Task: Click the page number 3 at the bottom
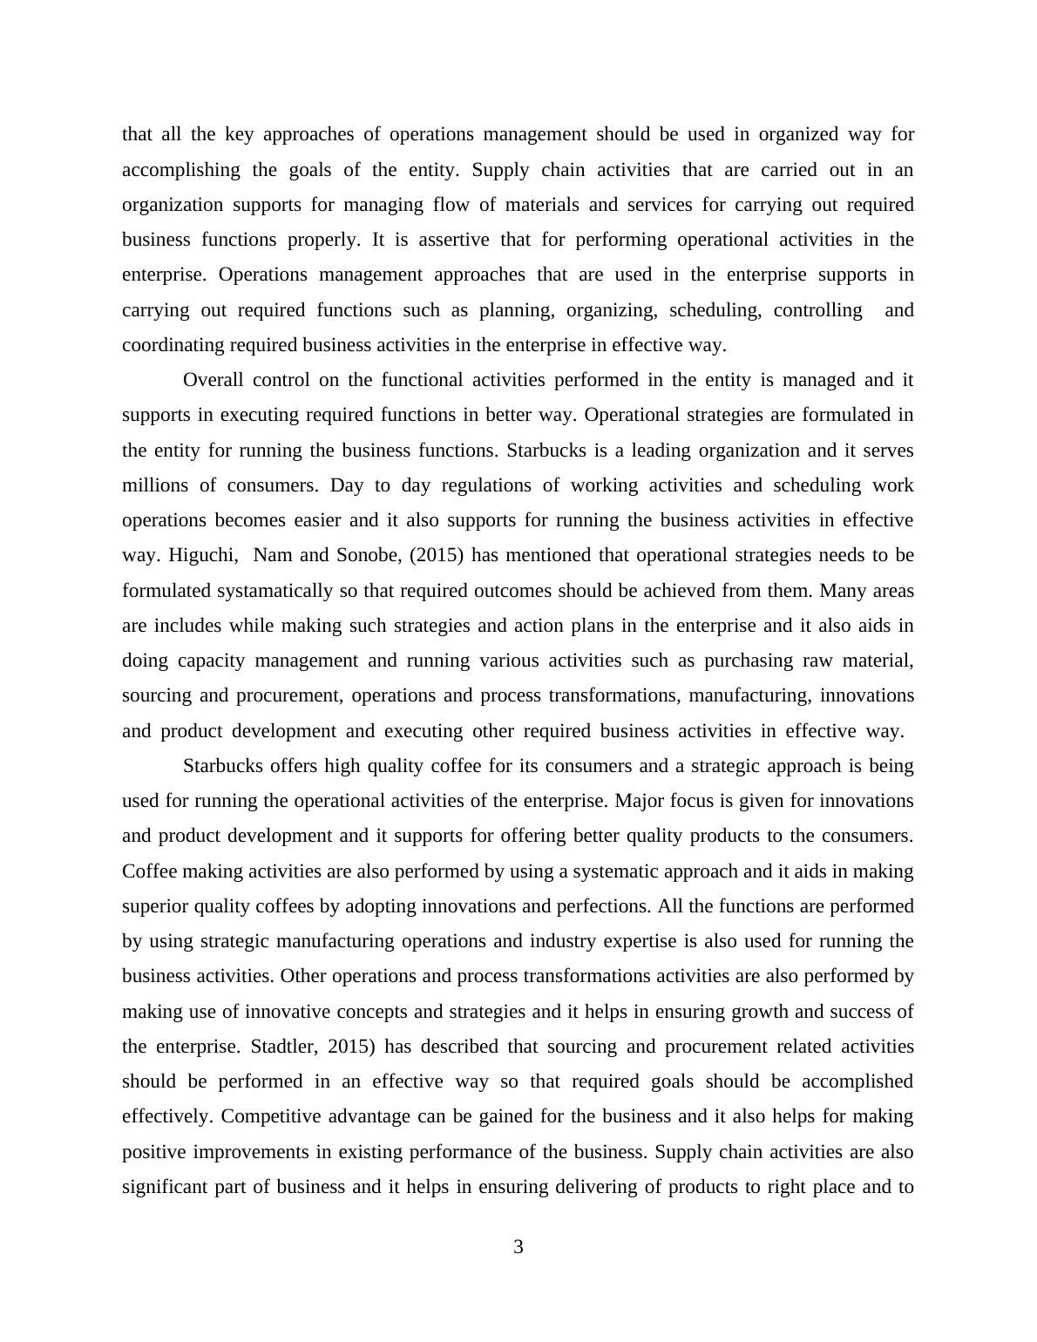(x=518, y=1247)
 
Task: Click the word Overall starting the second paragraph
(x=213, y=380)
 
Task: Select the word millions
(x=152, y=485)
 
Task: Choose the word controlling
(x=817, y=310)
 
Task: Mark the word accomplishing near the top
(x=180, y=170)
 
